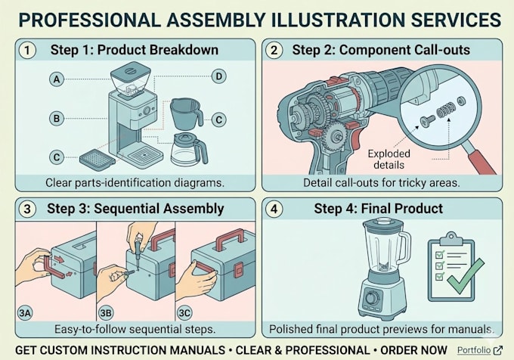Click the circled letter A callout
point(57,79)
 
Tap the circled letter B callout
point(57,118)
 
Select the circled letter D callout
point(218,76)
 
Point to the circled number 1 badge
point(27,51)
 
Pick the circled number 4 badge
point(274,209)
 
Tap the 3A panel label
point(25,313)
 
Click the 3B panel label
point(106,313)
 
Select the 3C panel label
point(184,313)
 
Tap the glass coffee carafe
point(189,150)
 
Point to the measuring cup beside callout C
point(186,113)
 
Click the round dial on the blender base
point(372,297)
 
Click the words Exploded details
point(389,159)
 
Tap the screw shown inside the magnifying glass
point(428,121)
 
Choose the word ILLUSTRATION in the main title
point(339,20)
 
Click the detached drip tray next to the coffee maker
point(98,160)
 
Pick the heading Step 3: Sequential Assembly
point(135,209)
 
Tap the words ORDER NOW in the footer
point(413,350)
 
